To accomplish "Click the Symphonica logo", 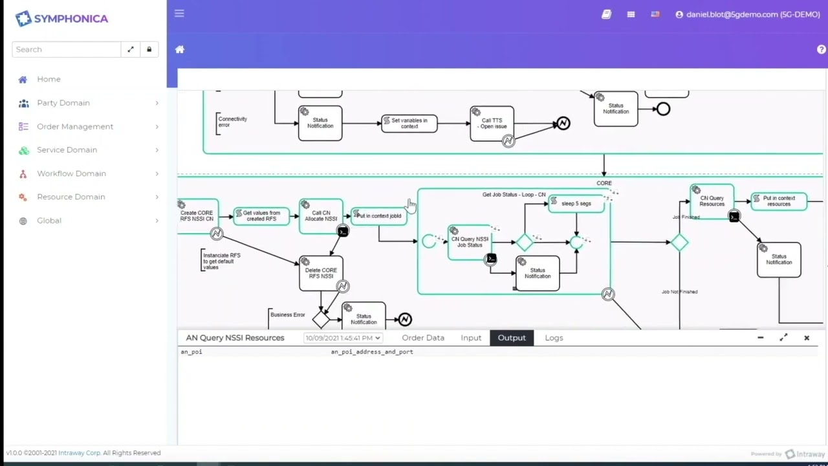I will pos(61,19).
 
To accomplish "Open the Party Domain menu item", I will pos(63,103).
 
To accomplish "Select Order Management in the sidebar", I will pos(74,127).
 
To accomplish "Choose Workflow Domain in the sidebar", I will pos(71,173).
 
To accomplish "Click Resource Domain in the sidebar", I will pos(71,197).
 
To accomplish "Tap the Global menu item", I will pos(49,221).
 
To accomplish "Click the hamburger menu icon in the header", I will pos(179,14).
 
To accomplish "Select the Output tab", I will pos(511,338).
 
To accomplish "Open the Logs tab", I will pos(554,338).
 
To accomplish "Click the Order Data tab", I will pos(422,338).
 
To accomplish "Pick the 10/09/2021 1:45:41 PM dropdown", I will pos(343,338).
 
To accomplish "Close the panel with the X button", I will pos(807,338).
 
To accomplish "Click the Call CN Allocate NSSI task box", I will pos(321,216).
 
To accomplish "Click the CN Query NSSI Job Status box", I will pos(470,243).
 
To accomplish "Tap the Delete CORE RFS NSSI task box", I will pos(321,273).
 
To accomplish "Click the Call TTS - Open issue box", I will pos(492,123).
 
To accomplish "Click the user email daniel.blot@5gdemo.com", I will pos(752,14).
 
